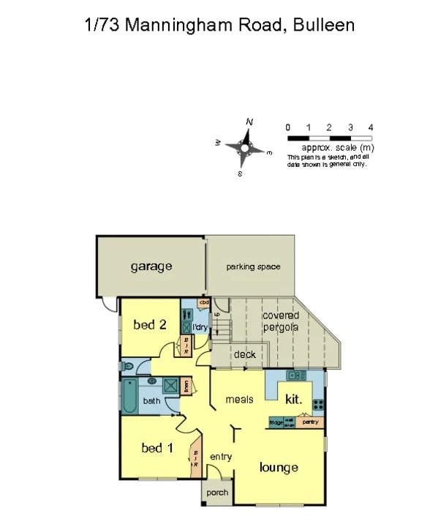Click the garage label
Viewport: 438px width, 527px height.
point(151,266)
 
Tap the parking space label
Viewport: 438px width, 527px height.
point(253,266)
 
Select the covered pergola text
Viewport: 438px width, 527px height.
point(281,321)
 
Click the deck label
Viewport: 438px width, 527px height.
point(244,355)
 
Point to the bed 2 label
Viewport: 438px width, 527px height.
point(148,324)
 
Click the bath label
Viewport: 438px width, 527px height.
point(151,400)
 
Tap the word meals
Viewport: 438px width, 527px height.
point(239,399)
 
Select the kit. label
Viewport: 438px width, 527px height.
point(293,400)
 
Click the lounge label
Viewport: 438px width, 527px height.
point(279,467)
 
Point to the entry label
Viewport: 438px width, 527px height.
point(221,457)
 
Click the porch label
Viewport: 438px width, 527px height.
point(217,493)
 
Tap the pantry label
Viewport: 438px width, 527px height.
point(311,422)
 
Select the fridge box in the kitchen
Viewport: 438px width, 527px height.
point(276,422)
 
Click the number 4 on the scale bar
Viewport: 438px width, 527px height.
point(371,127)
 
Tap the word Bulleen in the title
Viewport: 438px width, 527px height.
point(323,25)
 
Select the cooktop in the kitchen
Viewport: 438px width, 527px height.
point(318,404)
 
